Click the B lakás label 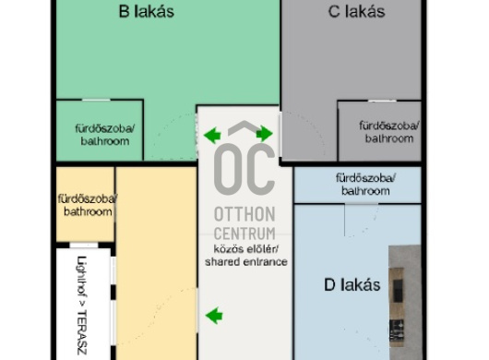click(x=147, y=12)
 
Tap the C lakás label click(x=356, y=12)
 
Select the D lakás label click(x=352, y=285)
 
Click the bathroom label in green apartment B click(x=105, y=135)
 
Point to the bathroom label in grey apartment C click(x=389, y=132)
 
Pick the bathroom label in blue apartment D click(x=365, y=185)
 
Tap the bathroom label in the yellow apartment click(x=88, y=205)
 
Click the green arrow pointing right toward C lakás click(x=265, y=134)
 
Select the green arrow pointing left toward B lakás click(x=212, y=136)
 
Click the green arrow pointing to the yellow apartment click(x=214, y=316)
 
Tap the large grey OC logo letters click(x=244, y=169)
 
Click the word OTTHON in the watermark click(x=244, y=214)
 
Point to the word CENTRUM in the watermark click(x=244, y=234)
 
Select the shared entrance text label click(x=246, y=262)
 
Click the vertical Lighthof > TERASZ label click(x=82, y=306)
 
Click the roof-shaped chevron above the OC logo click(x=244, y=128)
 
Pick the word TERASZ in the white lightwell click(x=82, y=332)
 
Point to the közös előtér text click(x=246, y=249)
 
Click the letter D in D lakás click(x=329, y=285)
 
